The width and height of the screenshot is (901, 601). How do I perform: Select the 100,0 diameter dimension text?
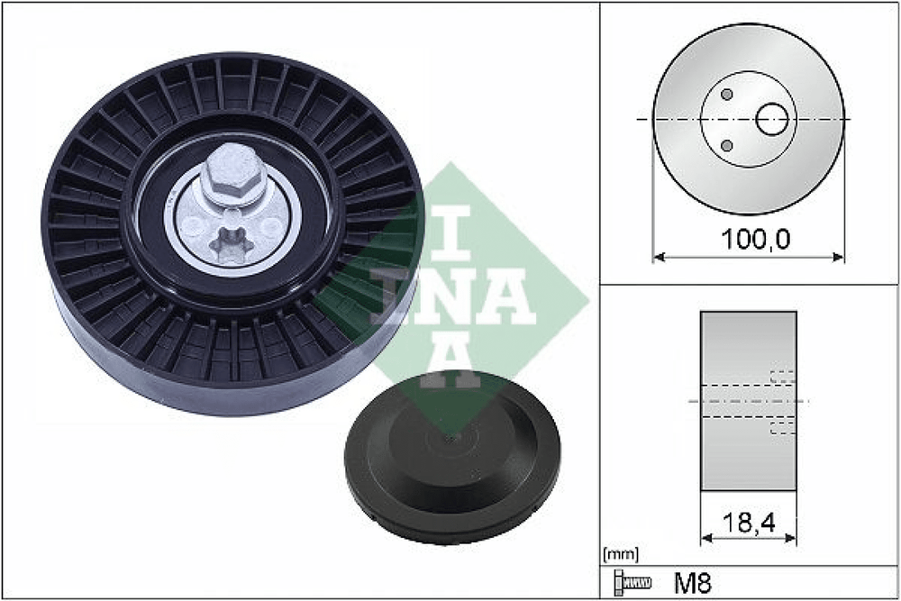(754, 239)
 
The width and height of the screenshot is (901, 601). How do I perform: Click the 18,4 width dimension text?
(749, 523)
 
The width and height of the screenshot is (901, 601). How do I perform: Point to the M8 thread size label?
(692, 584)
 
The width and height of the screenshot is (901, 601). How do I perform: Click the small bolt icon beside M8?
(633, 583)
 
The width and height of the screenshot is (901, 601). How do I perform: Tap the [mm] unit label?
(621, 555)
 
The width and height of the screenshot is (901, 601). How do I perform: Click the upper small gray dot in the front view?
(727, 95)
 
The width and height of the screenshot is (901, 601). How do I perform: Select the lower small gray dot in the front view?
(727, 145)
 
